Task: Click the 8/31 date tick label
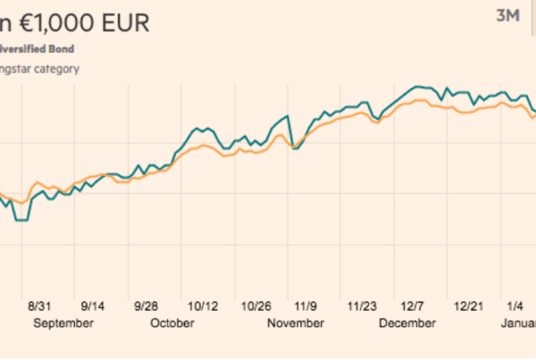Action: (42, 305)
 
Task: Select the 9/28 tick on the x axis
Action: (147, 305)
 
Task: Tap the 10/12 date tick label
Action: (203, 305)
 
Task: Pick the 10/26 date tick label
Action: (257, 305)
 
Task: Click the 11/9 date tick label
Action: (309, 305)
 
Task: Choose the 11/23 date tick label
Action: (363, 305)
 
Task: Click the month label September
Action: (63, 323)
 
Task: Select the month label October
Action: (172, 323)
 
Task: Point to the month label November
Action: (296, 323)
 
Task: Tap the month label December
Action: (407, 323)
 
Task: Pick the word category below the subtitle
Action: (54, 69)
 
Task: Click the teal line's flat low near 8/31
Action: (21, 220)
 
